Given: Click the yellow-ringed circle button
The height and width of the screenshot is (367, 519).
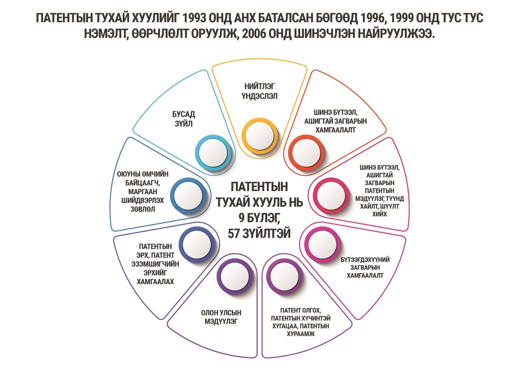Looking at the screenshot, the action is click(x=259, y=136).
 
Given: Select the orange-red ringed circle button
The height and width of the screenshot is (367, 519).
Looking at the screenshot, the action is click(x=306, y=153).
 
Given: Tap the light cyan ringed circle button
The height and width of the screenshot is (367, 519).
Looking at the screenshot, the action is click(x=213, y=153).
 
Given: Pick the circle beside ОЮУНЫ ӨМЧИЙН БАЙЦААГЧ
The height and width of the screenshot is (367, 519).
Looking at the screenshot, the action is click(x=188, y=196).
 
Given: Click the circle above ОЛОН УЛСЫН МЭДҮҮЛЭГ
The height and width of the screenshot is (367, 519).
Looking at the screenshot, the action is click(x=235, y=276).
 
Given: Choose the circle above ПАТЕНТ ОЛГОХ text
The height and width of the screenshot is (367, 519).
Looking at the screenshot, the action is click(x=284, y=276).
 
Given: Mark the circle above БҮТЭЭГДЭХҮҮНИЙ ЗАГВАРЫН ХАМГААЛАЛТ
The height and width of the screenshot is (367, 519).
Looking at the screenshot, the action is click(x=322, y=245).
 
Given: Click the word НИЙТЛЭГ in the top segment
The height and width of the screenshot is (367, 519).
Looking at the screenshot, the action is click(x=259, y=86).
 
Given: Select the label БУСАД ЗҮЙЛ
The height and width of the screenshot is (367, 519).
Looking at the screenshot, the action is click(x=184, y=119).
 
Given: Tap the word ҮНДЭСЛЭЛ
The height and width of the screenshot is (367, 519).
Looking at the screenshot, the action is click(x=259, y=96).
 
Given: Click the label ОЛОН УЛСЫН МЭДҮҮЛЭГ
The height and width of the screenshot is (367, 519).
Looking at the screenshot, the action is click(x=221, y=317).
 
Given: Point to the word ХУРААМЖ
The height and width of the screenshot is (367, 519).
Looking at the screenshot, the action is click(x=301, y=334).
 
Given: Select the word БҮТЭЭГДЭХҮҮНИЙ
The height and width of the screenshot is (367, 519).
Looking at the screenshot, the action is click(x=365, y=260).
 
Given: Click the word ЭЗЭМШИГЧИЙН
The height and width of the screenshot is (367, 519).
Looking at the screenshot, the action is click(x=155, y=264).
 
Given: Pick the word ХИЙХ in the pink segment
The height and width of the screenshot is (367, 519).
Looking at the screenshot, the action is click(x=380, y=214).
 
